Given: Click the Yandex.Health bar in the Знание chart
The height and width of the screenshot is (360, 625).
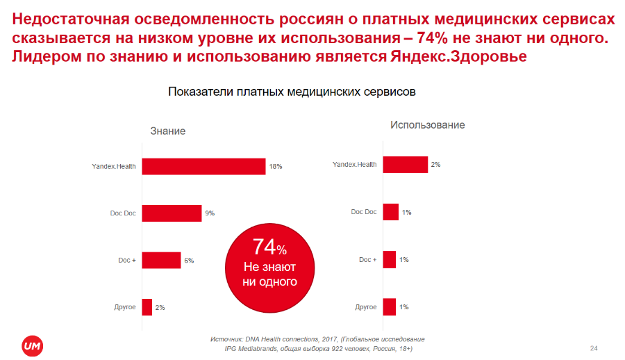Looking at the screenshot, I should pos(203,167).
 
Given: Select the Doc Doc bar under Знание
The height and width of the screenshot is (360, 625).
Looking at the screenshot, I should pos(172,213).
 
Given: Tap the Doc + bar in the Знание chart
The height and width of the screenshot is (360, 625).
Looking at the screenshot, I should pos(161,261).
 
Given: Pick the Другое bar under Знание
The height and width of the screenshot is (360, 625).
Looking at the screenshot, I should pos(147,307).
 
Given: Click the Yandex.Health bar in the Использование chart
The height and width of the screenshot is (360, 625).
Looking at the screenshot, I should pos(405,165).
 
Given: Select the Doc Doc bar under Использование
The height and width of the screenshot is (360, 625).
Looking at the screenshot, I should pos(390,212).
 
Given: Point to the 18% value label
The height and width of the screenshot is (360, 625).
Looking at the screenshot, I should pos(276,167).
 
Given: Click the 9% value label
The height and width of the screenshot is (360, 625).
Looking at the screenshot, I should pos(209,213).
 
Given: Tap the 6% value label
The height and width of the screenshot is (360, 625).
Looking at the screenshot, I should pos(188,261).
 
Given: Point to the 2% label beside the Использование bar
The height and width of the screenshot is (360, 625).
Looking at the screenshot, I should pos(435,165).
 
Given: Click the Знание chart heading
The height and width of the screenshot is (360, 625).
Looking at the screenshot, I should pos(168,131).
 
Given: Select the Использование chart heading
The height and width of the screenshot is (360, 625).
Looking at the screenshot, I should pos(427,125).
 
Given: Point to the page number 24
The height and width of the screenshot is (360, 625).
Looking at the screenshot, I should pos(594,347).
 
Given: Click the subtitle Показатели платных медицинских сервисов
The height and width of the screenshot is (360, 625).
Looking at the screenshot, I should pos(292,92).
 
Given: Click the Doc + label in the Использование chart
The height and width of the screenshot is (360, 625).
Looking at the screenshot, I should pos(367,259).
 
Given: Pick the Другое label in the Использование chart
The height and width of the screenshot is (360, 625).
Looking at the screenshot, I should pos(366,306).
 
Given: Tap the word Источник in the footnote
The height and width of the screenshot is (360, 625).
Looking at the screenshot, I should pos(225,338).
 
